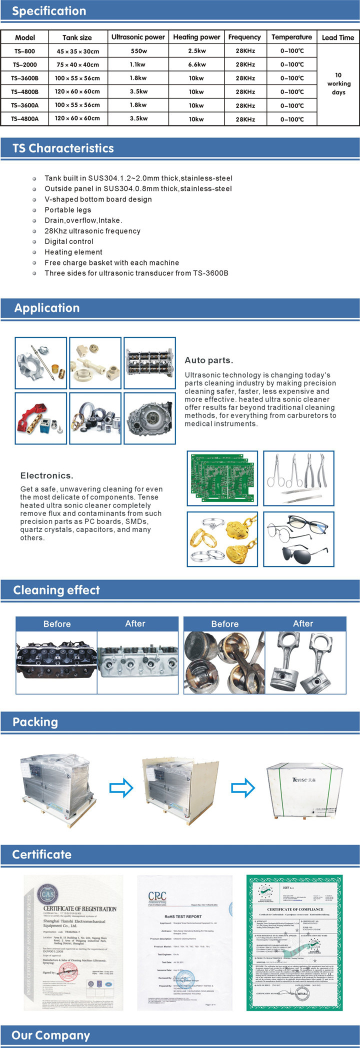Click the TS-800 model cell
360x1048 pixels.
(x=24, y=51)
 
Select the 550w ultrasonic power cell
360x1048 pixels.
(x=138, y=51)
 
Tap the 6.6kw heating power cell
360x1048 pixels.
(x=196, y=64)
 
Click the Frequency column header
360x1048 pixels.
(x=244, y=37)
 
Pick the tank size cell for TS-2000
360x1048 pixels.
(x=77, y=64)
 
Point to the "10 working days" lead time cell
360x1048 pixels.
(x=338, y=83)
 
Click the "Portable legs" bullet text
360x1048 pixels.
(x=68, y=210)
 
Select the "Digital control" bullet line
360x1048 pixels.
(x=69, y=241)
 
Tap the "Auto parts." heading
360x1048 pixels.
(x=209, y=360)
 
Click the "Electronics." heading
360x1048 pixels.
(x=46, y=475)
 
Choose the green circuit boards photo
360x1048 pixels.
(x=222, y=478)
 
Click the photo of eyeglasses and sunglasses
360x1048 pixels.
(x=298, y=539)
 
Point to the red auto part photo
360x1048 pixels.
(x=40, y=418)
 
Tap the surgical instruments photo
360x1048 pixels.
(x=298, y=478)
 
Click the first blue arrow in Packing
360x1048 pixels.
(x=121, y=788)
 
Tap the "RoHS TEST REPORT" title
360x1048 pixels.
(x=183, y=916)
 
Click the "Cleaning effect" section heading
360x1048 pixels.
(x=56, y=590)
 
